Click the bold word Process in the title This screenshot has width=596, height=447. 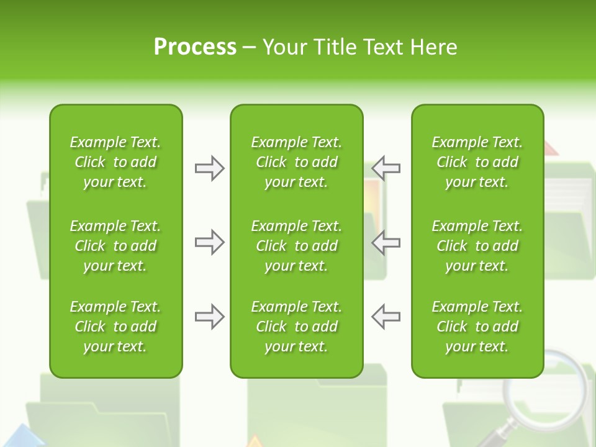click(x=195, y=47)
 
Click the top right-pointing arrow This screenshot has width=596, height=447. click(x=209, y=168)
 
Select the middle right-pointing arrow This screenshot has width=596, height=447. click(x=209, y=242)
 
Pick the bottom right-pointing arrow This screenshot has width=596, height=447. click(x=209, y=317)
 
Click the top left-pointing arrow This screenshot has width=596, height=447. click(x=386, y=168)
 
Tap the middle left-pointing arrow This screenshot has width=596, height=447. click(x=386, y=242)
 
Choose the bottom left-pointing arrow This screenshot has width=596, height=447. click(x=386, y=317)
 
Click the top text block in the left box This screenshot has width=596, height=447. click(x=115, y=162)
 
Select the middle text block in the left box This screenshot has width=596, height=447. click(x=115, y=246)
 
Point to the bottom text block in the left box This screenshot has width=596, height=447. click(x=115, y=327)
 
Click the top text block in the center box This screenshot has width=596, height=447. click(x=296, y=162)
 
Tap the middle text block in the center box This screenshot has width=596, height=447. click(x=296, y=246)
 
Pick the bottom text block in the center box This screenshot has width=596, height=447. click(x=296, y=327)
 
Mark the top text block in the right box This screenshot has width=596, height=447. click(x=477, y=162)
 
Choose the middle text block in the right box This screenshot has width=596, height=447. click(x=477, y=246)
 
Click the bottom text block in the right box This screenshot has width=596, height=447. click(x=477, y=327)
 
